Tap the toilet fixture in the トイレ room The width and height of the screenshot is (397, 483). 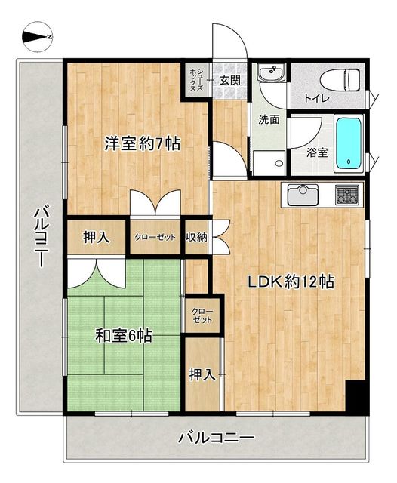340,80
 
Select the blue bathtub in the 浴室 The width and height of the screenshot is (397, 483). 349,143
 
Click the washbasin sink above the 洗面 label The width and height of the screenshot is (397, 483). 270,73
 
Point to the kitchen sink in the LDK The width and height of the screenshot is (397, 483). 303,195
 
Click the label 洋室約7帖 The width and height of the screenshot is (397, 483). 143,143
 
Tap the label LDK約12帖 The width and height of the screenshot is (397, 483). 291,281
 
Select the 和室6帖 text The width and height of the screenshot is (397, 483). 124,336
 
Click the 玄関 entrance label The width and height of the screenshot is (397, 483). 229,81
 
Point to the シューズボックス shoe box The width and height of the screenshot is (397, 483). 196,80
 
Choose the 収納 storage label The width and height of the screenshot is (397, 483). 196,238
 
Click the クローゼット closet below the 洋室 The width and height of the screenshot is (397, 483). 155,238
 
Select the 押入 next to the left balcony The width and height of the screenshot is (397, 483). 96,238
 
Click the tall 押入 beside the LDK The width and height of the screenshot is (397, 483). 202,374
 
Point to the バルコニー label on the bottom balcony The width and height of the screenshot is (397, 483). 217,438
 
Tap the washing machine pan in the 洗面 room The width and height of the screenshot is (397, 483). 269,159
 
